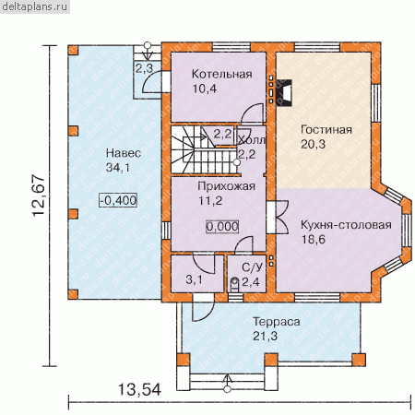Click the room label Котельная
221,74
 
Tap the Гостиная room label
326,129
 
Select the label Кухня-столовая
346,225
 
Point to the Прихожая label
226,186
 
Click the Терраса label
277,322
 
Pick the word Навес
124,153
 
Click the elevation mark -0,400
118,200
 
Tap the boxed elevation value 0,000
222,227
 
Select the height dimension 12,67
39,196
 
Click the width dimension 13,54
139,390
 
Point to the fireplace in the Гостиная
284,93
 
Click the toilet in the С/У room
234,284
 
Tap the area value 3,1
194,279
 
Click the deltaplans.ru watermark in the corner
34,6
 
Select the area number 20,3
313,144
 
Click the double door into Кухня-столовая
279,217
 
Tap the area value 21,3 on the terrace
265,336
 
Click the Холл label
252,140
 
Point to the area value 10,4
205,89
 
